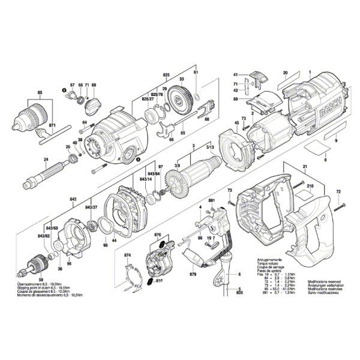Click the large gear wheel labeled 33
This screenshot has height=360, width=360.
(x=180, y=99)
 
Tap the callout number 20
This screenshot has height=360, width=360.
(x=286, y=73)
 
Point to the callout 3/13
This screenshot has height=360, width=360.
(x=210, y=147)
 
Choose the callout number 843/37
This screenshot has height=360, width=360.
(x=92, y=207)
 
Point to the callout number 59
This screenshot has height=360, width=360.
(x=40, y=280)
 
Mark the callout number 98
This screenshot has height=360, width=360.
(x=105, y=245)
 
